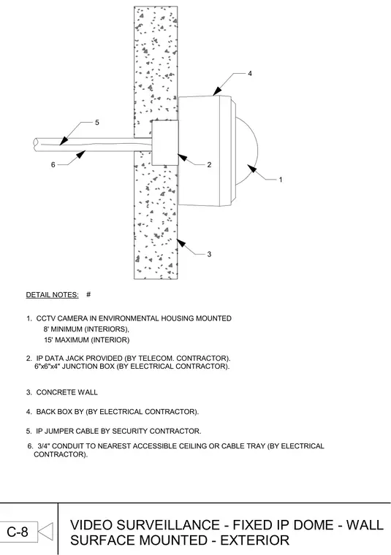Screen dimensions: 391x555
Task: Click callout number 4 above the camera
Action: pos(250,73)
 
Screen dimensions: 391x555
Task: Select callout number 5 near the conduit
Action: pos(97,123)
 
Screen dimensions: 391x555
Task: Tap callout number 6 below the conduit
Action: pos(53,164)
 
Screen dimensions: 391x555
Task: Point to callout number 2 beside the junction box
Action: pos(209,164)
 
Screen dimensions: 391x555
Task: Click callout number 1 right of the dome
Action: pos(281,180)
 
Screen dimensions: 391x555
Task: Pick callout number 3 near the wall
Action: pos(209,254)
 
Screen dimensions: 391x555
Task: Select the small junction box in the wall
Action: pos(165,142)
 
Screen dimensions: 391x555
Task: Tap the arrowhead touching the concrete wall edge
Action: pos(181,242)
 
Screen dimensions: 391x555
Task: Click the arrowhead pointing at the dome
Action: pos(251,168)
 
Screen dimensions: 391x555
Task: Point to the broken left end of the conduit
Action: pos(35,145)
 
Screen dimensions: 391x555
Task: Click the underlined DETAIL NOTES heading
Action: pos(53,295)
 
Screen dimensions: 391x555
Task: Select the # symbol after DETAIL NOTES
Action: pos(88,294)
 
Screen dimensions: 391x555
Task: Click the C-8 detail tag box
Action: pos(18,532)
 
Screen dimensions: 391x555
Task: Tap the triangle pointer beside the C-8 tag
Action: pos(45,532)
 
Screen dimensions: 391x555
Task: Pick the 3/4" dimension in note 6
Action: pos(44,446)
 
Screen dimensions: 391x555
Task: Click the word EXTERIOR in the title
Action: pos(255,540)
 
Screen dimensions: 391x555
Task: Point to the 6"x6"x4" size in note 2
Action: pos(48,367)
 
